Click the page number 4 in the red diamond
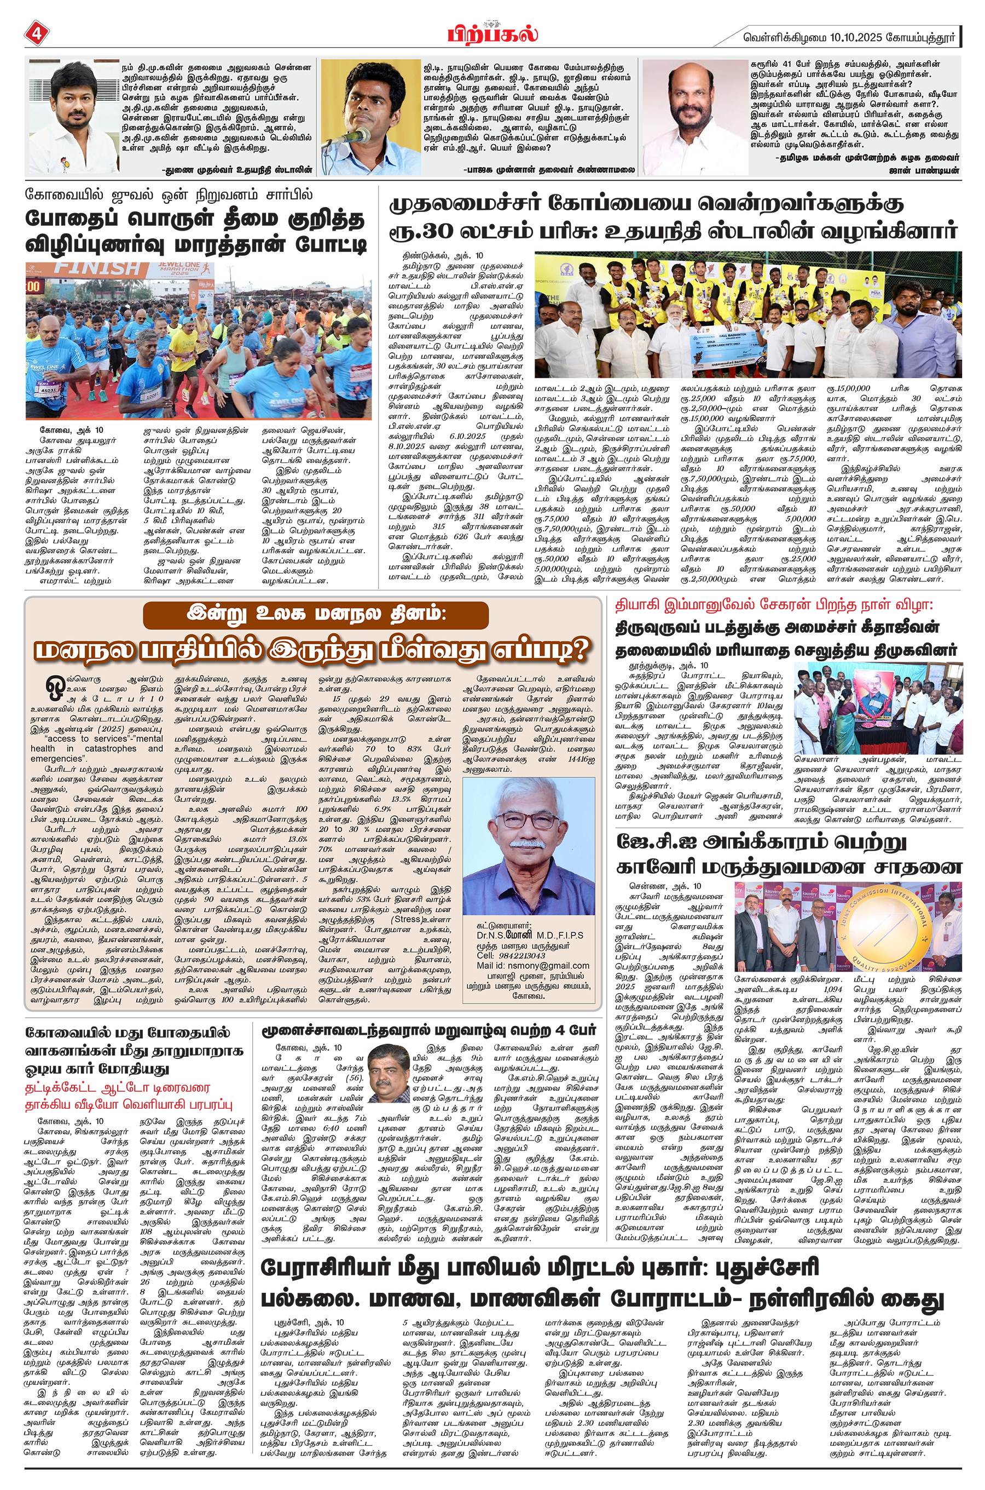(36, 33)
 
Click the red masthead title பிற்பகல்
(493, 33)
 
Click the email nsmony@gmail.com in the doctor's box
(532, 965)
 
